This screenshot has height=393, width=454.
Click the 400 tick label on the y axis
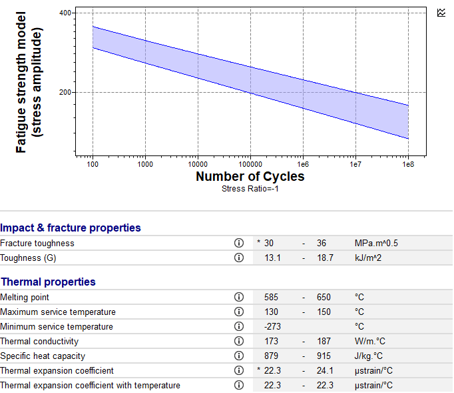65,13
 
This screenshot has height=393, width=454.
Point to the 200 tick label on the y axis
65,92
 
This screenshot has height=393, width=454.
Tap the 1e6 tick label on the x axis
303,165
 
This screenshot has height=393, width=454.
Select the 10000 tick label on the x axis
198,165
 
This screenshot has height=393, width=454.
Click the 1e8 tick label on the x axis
408,165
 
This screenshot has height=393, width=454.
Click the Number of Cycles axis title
250,176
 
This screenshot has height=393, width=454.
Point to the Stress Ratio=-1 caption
250,189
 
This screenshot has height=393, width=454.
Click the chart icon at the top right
441,13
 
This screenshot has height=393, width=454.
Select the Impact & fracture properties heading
71,228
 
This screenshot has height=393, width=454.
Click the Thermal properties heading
48,282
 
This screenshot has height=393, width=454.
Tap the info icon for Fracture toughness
239,243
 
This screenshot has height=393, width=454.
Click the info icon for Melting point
239,297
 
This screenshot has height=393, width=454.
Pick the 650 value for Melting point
324,297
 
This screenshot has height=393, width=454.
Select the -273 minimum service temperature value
272,326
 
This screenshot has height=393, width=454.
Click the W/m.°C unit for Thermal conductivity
369,341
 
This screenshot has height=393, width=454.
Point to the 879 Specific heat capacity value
271,356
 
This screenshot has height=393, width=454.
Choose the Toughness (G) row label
28,258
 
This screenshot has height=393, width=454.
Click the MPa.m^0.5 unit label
376,244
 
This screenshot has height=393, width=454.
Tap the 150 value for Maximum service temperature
324,312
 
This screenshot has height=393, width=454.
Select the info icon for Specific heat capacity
239,356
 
